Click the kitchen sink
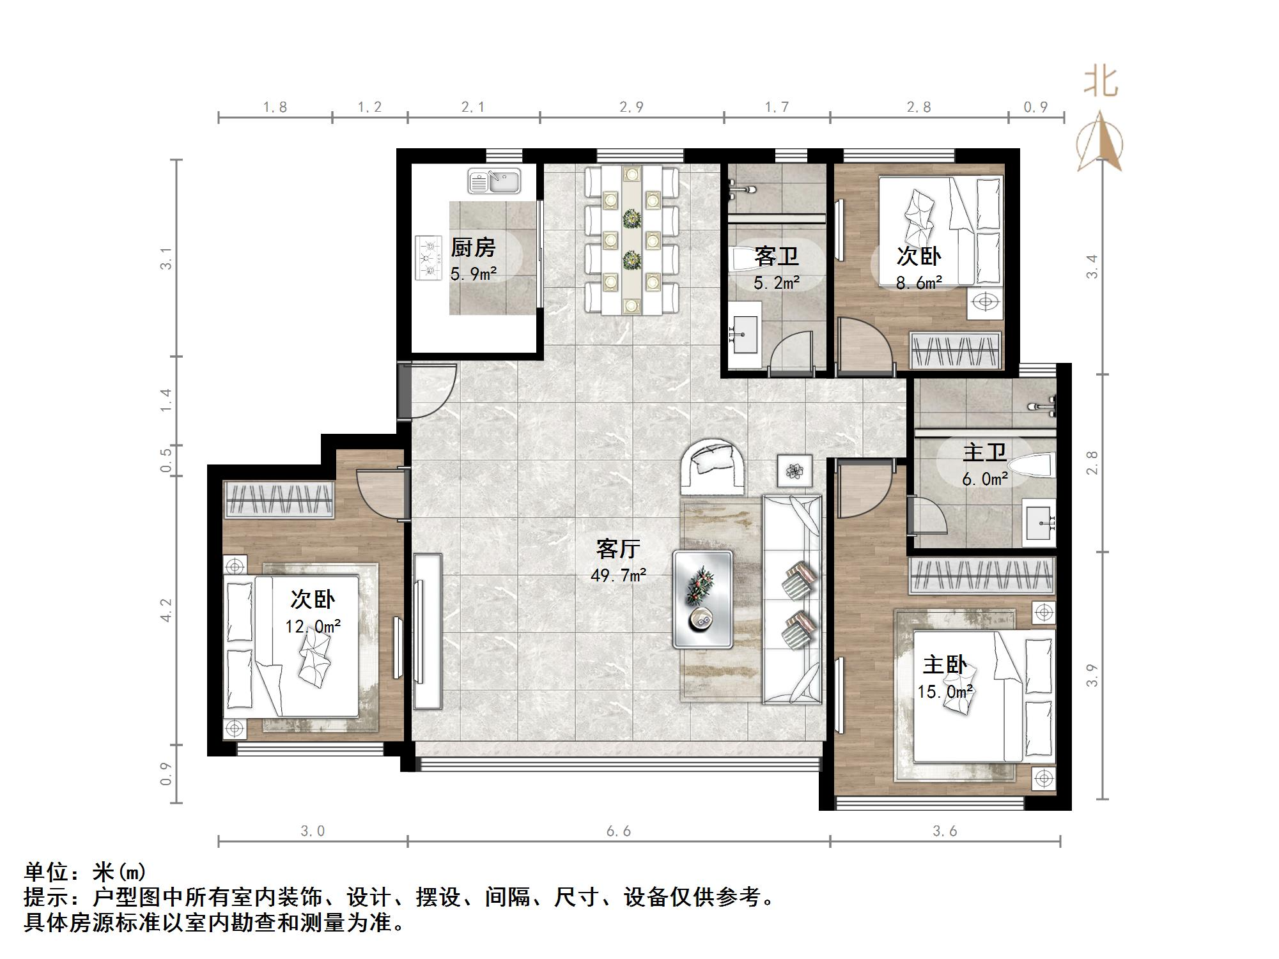[494, 181]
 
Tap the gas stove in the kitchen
[428, 257]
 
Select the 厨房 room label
[473, 247]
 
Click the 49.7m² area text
[618, 575]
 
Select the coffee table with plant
[702, 599]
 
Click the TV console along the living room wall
[427, 631]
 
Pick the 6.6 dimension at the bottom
[618, 831]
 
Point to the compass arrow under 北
[1100, 142]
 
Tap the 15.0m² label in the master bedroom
[945, 691]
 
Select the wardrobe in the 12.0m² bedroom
[279, 499]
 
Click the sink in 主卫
[1039, 523]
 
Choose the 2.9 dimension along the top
[631, 107]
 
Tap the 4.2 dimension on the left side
[166, 610]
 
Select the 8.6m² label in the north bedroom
[919, 282]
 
